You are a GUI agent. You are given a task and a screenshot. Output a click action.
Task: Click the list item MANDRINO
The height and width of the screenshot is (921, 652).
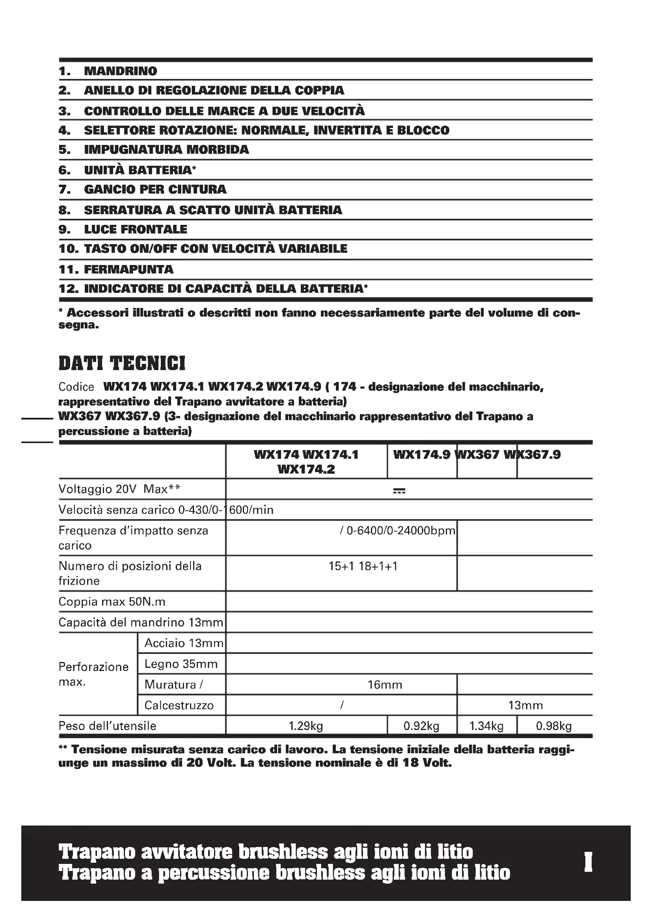coord(121,71)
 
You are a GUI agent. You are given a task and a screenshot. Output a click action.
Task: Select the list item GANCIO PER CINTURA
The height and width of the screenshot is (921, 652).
coord(155,189)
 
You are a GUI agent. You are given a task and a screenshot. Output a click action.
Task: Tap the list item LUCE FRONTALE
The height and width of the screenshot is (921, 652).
coord(135,230)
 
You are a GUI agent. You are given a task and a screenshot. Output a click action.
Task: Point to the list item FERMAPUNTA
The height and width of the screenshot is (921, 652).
coord(129,269)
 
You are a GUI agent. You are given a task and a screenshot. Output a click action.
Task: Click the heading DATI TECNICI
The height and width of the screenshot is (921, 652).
coord(122,363)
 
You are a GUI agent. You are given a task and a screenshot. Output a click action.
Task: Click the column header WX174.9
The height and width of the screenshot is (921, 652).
coord(421,454)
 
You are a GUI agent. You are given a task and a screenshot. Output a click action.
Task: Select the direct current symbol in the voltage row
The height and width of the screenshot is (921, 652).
coord(399,491)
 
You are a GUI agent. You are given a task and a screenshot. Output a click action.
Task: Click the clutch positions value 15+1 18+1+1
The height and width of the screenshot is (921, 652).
coord(363,566)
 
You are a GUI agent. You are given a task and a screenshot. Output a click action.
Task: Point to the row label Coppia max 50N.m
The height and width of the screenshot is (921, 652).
coord(112,602)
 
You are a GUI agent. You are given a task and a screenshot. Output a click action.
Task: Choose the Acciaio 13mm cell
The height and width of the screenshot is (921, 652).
coord(183,643)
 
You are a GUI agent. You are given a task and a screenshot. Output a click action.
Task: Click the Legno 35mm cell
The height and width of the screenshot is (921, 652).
coord(181,664)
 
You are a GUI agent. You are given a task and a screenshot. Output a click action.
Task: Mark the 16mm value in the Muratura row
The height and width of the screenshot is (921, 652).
coord(385,685)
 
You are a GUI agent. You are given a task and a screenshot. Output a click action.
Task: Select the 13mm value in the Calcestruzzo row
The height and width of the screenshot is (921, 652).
coord(525,705)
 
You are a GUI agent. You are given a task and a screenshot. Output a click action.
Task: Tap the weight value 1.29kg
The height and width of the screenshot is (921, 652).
coord(306,726)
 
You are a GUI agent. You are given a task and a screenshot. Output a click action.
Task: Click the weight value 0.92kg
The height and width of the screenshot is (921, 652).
coord(421,726)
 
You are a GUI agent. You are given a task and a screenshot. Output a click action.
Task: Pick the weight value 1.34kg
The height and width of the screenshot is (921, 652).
coord(486,726)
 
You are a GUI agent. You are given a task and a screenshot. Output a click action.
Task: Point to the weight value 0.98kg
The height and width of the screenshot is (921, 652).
coord(554,726)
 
